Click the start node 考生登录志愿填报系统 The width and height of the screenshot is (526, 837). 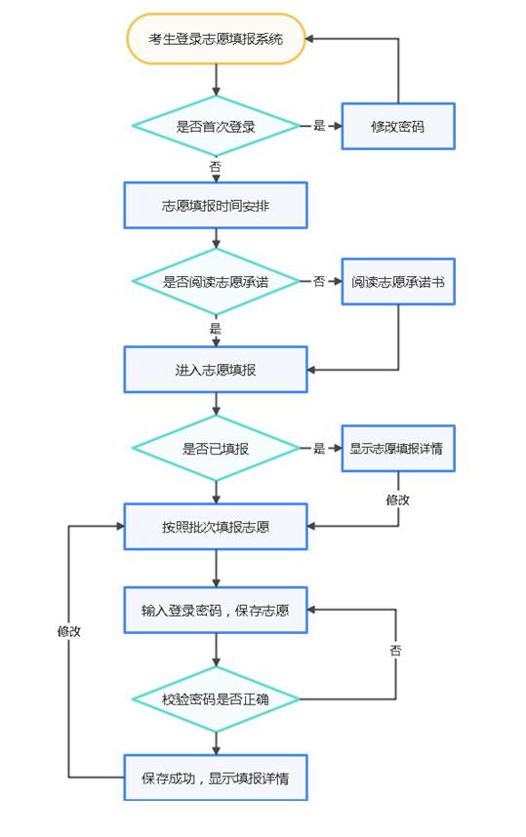216,39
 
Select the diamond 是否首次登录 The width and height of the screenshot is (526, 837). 216,126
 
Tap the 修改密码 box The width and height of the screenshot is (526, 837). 398,126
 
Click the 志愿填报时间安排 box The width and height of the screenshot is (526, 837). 216,206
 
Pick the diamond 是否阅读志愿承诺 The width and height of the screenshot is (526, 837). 216,281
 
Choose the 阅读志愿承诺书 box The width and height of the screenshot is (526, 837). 398,281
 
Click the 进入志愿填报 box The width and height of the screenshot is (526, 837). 216,370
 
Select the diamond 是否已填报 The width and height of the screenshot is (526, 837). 216,449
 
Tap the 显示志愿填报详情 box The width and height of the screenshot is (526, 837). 398,449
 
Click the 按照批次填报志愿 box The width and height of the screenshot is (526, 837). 216,527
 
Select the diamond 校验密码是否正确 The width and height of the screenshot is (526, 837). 216,699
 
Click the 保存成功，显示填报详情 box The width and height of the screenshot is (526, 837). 216,778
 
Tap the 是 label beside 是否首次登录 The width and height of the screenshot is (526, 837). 319,126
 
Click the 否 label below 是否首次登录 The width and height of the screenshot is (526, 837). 216,167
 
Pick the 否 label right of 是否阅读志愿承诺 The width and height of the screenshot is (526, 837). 319,281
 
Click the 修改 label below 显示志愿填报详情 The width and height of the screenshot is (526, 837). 398,498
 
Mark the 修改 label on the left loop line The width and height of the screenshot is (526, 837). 68,631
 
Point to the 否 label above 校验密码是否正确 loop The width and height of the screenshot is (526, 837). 396,650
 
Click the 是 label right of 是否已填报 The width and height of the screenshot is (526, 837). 319,449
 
